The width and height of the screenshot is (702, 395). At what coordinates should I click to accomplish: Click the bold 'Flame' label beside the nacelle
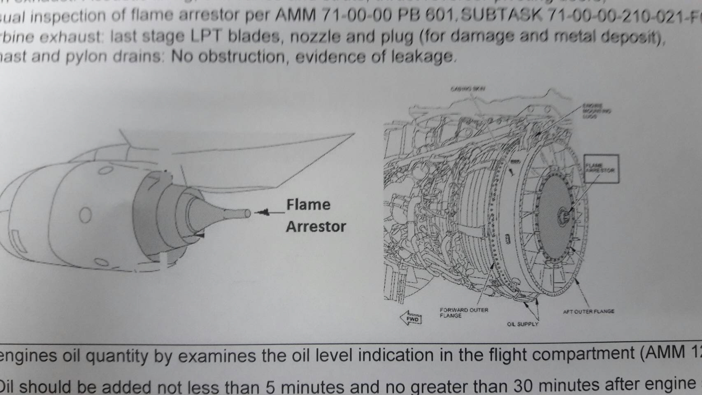308,204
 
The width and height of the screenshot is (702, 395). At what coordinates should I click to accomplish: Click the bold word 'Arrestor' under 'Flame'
316,227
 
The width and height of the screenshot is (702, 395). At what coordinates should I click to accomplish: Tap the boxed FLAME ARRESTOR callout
601,168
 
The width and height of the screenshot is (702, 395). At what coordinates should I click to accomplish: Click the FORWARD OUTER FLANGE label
464,313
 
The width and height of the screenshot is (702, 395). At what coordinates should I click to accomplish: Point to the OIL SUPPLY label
522,324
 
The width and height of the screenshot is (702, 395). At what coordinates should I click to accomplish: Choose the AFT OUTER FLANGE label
588,311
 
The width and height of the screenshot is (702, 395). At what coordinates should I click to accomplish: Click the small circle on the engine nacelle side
85,215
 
